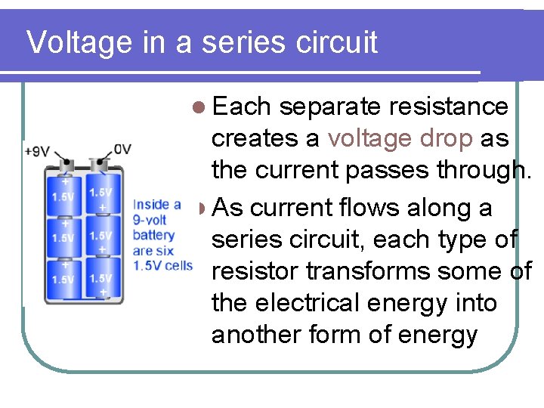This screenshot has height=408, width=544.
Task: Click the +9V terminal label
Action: tap(37, 150)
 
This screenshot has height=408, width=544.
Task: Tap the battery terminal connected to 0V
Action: tap(97, 163)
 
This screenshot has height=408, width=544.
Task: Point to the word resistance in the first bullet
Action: tap(448, 107)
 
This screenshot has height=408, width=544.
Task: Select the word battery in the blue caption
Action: tap(153, 234)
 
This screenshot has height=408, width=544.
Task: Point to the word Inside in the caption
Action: tap(150, 205)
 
